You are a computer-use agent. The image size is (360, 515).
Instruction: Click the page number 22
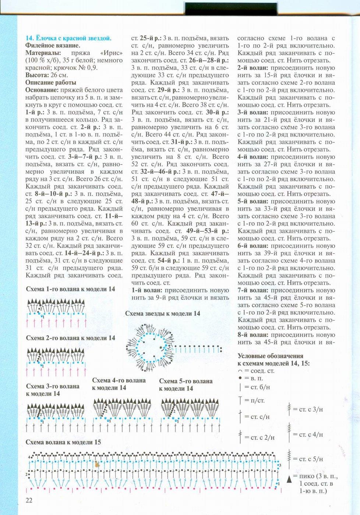[29, 500]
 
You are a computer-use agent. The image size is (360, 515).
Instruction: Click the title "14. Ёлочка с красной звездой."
[68, 38]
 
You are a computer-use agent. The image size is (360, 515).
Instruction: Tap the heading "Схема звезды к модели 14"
[163, 313]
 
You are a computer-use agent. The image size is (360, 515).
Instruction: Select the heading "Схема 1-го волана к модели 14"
[70, 289]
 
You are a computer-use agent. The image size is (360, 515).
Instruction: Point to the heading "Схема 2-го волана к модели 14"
[70, 338]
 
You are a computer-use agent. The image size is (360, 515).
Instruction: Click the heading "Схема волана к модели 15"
[63, 442]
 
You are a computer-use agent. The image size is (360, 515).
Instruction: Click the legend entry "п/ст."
[257, 400]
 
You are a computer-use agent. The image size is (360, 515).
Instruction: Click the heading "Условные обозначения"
[271, 356]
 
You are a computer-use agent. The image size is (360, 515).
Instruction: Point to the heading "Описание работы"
[51, 82]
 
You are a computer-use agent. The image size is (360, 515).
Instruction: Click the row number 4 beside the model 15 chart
[29, 457]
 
